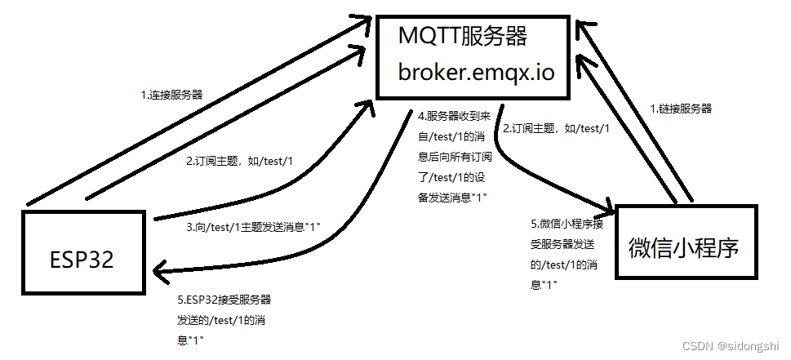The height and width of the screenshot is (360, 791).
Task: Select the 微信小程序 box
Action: [684, 247]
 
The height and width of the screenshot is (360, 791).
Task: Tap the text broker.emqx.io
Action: [477, 72]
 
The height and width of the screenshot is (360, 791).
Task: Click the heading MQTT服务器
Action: [463, 37]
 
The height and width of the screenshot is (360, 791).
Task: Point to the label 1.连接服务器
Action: [172, 95]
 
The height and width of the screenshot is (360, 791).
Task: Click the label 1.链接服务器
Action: [680, 108]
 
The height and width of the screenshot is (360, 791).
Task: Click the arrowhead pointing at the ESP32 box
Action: [161, 268]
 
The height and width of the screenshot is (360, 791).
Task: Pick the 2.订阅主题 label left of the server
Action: [239, 162]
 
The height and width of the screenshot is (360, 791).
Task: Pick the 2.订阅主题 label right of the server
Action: [556, 129]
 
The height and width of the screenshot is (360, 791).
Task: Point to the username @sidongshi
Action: [745, 346]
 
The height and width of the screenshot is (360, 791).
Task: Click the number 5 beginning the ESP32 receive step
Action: [180, 300]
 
